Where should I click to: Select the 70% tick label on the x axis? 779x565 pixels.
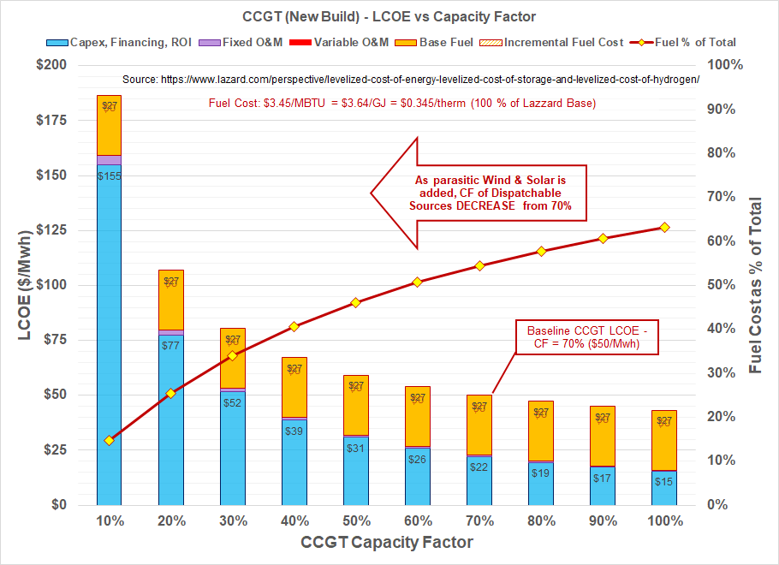coord(479,520)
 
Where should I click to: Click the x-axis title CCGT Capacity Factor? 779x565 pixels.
coord(387,543)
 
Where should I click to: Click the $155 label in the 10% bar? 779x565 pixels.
coord(109,175)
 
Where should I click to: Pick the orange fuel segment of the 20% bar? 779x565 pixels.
coord(171,299)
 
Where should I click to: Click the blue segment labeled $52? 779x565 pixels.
coord(233,401)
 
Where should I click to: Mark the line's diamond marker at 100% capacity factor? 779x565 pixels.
coord(664,227)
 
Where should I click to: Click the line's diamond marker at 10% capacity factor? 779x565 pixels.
coord(109,440)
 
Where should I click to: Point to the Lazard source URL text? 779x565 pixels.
coord(411,79)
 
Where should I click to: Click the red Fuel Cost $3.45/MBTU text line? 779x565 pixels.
coord(402,103)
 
